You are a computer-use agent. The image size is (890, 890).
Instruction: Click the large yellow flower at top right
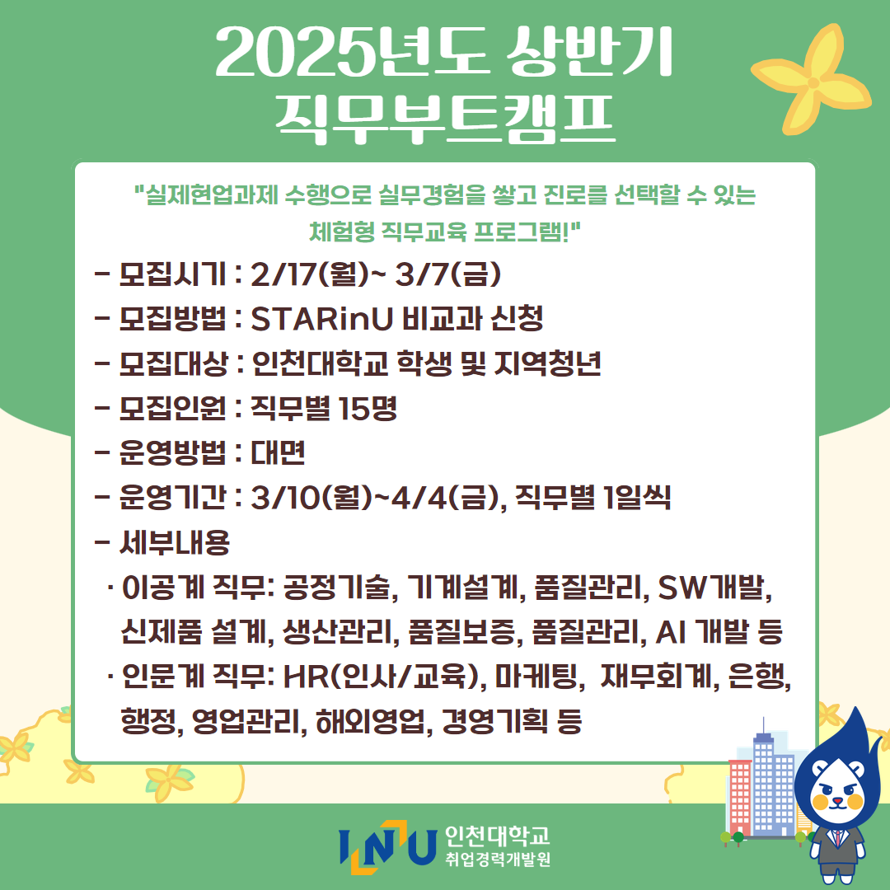[x=813, y=81]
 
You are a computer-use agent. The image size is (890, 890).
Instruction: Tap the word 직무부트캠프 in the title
[x=446, y=118]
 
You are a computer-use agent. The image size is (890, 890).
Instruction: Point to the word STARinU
[x=322, y=318]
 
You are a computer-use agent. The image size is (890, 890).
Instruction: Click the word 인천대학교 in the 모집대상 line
[x=320, y=363]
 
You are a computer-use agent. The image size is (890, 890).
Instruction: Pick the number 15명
[x=368, y=408]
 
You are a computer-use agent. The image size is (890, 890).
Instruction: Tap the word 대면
[x=279, y=452]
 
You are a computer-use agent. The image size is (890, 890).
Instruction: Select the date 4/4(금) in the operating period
[x=438, y=497]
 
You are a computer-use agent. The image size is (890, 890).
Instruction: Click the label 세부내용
[x=174, y=542]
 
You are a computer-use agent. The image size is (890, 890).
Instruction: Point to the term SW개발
[x=710, y=588]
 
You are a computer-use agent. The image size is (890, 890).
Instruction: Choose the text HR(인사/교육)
[x=384, y=677]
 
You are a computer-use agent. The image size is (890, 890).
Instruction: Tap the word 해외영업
[x=369, y=721]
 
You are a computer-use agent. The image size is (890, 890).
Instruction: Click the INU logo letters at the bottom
[x=387, y=846]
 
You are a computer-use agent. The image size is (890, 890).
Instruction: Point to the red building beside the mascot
[x=739, y=797]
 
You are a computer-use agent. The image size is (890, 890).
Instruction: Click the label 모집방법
[x=172, y=318]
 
